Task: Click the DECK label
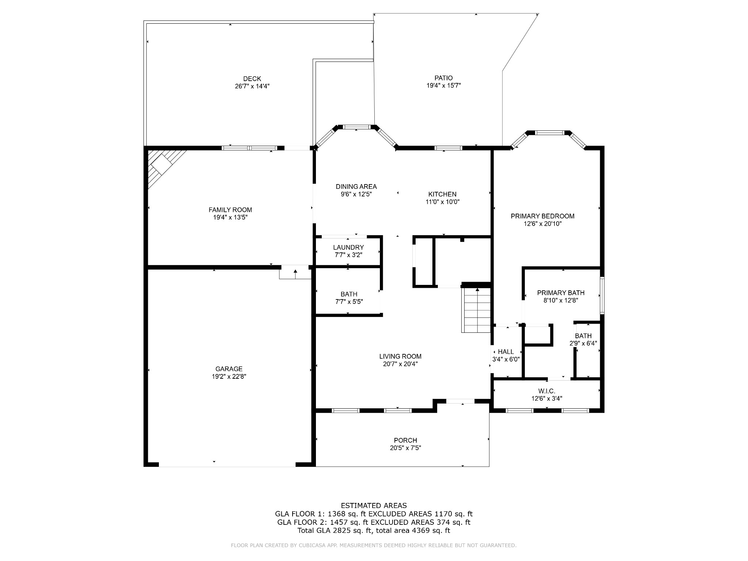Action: pyautogui.click(x=252, y=79)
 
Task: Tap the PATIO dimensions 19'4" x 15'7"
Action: pyautogui.click(x=444, y=85)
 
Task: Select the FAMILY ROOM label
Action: pyautogui.click(x=230, y=210)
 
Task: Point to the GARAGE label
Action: pyautogui.click(x=229, y=369)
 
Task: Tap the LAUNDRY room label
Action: pyautogui.click(x=348, y=247)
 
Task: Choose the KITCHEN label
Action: pyautogui.click(x=442, y=194)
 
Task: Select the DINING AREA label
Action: pyautogui.click(x=356, y=187)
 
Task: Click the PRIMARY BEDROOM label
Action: pyautogui.click(x=542, y=216)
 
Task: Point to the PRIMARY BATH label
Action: pyautogui.click(x=561, y=293)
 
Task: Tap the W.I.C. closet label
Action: pyautogui.click(x=547, y=391)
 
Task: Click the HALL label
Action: pyautogui.click(x=506, y=352)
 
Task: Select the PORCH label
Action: pyautogui.click(x=405, y=440)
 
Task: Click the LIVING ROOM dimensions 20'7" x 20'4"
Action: pyautogui.click(x=400, y=364)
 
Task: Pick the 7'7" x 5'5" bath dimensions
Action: pyautogui.click(x=349, y=302)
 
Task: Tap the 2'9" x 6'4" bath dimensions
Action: pyautogui.click(x=583, y=343)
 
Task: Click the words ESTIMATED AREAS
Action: pyautogui.click(x=374, y=506)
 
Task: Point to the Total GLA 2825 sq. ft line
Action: pyautogui.click(x=374, y=531)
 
